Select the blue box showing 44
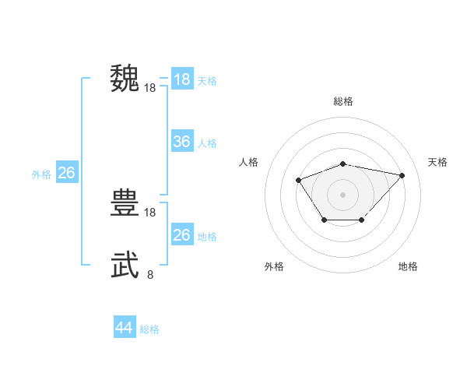click(125, 328)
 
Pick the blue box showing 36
click(182, 142)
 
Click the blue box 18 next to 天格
click(182, 79)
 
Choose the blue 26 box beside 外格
click(66, 173)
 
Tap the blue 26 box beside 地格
click(182, 235)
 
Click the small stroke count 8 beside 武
click(150, 273)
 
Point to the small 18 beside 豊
click(150, 212)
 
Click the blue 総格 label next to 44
click(149, 329)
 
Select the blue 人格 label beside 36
click(207, 143)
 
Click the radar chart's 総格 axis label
click(343, 101)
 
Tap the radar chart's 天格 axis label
click(437, 162)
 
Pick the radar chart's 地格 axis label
click(408, 266)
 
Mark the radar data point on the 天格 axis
click(402, 175)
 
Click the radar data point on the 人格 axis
click(299, 181)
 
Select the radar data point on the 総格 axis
click(343, 164)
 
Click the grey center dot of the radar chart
click(343, 194)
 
